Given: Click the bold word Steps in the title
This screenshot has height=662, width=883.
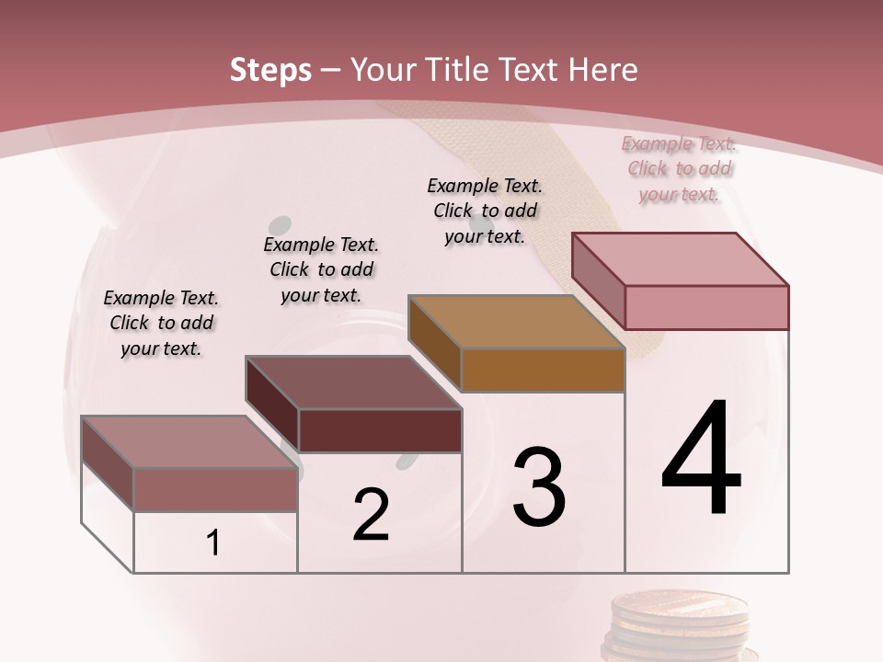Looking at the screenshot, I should (x=269, y=70).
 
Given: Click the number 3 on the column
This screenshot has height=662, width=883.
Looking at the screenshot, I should (x=539, y=487).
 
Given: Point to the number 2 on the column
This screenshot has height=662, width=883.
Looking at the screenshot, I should (x=371, y=515).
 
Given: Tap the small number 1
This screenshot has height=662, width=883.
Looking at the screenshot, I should (x=213, y=543).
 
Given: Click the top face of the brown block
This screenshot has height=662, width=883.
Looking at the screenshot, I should (x=515, y=322).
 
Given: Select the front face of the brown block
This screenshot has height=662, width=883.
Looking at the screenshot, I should (x=543, y=370).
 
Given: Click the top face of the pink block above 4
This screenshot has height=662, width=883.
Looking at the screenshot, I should (x=681, y=258).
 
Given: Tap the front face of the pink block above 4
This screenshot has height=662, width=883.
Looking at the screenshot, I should (x=706, y=307).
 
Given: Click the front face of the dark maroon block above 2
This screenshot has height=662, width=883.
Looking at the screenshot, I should (x=380, y=430).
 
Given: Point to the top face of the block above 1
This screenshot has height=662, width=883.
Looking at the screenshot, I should (x=189, y=441).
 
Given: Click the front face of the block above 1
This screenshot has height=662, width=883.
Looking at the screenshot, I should (x=215, y=489).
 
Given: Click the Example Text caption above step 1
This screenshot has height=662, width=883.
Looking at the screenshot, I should (x=161, y=323).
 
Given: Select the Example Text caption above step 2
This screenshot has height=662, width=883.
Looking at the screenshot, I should (x=321, y=269).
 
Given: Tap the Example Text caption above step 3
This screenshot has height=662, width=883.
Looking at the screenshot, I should (x=485, y=211).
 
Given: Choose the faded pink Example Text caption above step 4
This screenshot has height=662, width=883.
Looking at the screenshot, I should (x=679, y=168).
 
